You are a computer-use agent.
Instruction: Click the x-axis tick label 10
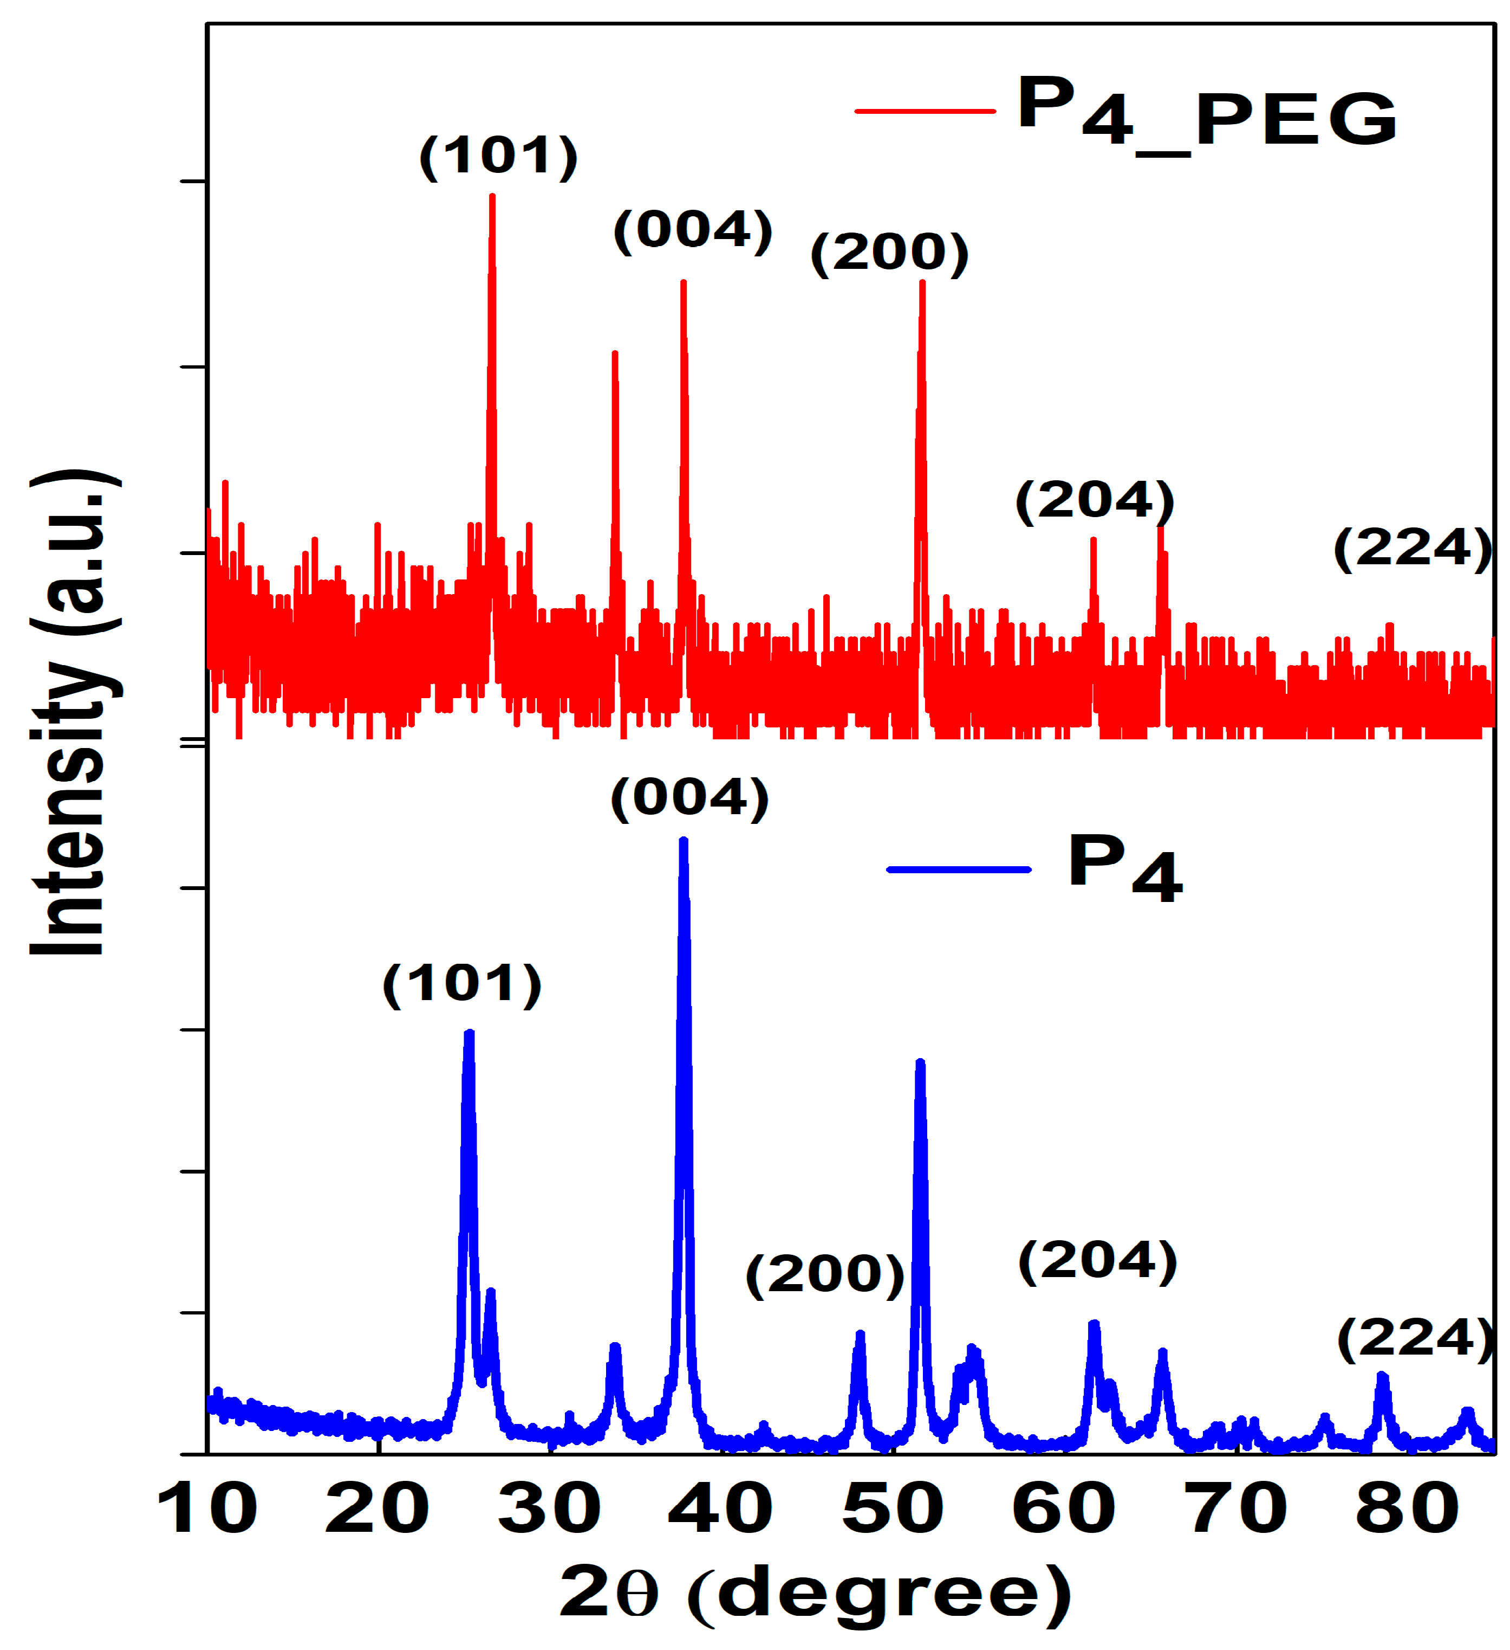click(206, 1509)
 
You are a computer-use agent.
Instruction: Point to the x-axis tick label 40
click(720, 1509)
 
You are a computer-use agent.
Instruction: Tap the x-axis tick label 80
click(1407, 1509)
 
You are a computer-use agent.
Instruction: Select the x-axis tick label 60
click(1063, 1509)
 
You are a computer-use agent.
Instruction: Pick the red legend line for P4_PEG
click(925, 111)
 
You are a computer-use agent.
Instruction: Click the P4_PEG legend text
click(1207, 112)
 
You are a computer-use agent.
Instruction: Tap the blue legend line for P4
click(959, 869)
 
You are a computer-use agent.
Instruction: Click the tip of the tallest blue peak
click(684, 841)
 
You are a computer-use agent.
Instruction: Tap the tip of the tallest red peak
click(492, 196)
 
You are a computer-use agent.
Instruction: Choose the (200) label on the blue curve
click(824, 1274)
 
